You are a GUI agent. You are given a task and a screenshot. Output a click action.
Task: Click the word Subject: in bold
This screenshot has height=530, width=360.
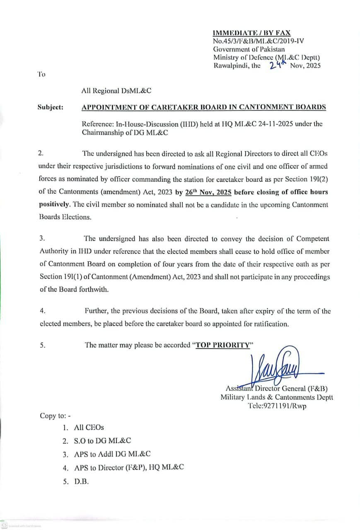[50, 107]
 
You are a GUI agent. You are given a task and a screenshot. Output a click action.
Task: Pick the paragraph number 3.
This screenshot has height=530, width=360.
[42, 238]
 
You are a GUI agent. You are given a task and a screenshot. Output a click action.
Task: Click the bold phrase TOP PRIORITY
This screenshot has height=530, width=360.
[222, 345]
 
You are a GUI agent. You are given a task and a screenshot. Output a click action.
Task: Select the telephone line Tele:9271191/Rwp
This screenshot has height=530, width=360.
[277, 406]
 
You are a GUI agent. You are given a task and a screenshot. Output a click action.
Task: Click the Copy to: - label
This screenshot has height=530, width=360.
[55, 415]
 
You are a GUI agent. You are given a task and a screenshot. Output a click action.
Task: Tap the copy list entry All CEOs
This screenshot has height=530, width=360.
[89, 427]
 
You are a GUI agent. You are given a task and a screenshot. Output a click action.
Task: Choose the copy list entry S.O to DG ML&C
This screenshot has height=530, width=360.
[102, 441]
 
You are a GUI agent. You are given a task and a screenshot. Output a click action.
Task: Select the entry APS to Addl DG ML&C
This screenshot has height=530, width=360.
[112, 454]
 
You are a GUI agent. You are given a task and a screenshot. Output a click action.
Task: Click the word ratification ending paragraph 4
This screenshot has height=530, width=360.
[268, 324]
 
